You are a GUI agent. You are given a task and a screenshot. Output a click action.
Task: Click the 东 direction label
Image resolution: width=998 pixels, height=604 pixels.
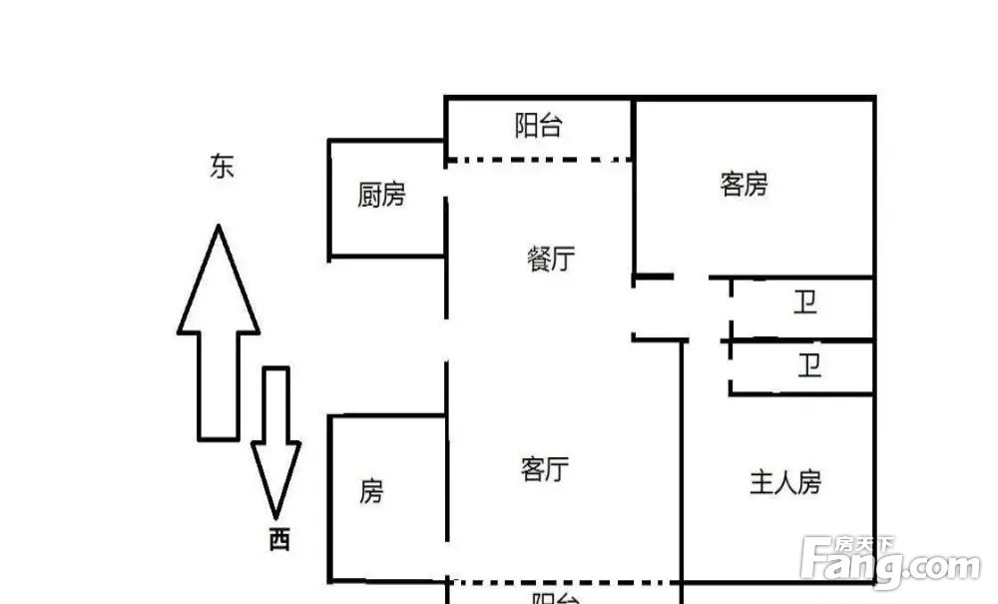click(x=223, y=167)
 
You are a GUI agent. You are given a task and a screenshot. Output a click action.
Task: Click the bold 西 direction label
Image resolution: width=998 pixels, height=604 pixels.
click(x=279, y=540)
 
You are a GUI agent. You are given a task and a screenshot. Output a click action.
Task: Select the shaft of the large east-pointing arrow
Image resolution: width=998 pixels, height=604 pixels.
click(x=219, y=385)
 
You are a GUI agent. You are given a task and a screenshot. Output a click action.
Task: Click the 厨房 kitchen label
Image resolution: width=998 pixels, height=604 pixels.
click(x=381, y=195)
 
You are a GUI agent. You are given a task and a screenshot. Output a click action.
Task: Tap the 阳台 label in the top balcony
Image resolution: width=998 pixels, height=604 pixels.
click(x=539, y=126)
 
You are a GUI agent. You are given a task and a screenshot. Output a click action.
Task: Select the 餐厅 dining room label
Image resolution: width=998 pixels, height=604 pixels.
click(x=551, y=259)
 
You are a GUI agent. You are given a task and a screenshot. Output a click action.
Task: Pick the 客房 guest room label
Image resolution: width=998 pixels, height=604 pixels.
click(x=745, y=185)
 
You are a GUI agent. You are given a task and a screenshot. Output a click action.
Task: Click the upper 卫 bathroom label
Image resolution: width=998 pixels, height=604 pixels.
click(x=805, y=302)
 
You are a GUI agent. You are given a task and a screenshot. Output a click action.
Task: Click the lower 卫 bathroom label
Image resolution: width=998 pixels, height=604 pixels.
click(x=809, y=366)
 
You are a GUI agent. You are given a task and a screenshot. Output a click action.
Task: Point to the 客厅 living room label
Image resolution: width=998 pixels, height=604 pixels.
click(x=545, y=469)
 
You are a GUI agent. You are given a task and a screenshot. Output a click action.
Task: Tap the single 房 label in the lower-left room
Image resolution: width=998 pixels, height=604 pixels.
click(x=371, y=491)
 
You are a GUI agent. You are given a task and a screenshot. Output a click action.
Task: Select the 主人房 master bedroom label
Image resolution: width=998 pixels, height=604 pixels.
click(x=786, y=482)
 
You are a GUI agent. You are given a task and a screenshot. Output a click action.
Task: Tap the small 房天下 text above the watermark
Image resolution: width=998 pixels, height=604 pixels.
click(x=864, y=544)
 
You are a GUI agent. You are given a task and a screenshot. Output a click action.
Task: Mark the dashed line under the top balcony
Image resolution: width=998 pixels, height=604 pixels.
click(x=539, y=160)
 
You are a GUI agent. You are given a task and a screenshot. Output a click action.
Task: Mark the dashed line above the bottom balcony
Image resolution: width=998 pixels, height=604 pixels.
click(x=564, y=582)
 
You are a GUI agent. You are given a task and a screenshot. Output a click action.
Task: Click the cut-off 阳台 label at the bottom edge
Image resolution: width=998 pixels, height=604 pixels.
click(x=556, y=598)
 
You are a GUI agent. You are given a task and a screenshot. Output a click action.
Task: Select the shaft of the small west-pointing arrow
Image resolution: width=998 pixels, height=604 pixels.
click(x=276, y=404)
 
